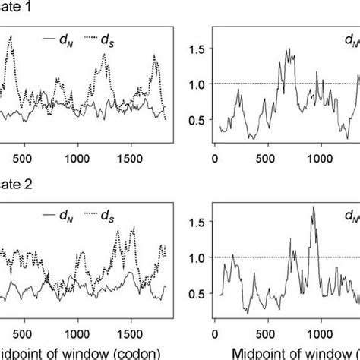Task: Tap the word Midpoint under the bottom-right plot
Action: point(244,350)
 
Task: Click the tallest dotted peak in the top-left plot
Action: point(11,36)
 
